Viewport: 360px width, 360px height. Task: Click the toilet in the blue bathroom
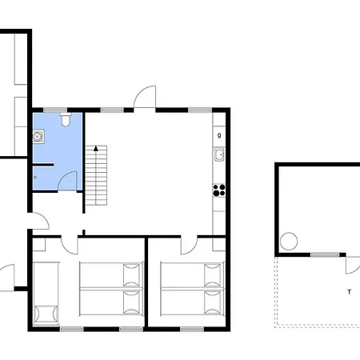point(66,119)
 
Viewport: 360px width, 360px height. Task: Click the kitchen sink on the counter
point(218,154)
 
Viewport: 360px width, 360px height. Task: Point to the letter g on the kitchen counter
point(218,135)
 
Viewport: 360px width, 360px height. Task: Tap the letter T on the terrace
point(349,291)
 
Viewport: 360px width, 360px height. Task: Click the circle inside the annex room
point(289,240)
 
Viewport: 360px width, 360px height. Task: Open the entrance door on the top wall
point(145,97)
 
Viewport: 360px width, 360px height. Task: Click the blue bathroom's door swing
point(70,179)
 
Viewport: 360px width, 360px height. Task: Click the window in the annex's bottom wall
point(322,254)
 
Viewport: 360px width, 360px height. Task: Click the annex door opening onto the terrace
point(353,263)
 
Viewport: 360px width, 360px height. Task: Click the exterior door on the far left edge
point(10,277)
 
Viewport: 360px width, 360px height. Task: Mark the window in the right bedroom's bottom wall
point(190,329)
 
